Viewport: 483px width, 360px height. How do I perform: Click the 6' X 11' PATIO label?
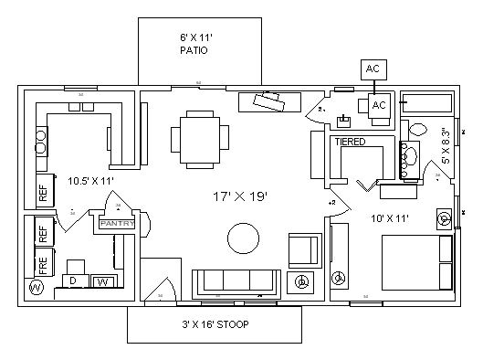point(193,45)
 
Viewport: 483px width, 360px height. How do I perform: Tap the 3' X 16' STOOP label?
point(215,323)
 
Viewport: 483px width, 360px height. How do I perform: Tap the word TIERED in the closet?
point(351,143)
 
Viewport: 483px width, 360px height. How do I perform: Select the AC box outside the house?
point(373,69)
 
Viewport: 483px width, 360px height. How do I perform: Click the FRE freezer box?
point(42,264)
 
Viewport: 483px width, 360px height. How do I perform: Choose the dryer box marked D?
point(74,281)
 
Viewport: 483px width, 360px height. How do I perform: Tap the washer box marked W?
point(103,282)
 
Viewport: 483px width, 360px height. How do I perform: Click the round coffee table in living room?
point(244,239)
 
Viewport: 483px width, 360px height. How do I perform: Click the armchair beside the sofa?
point(304,249)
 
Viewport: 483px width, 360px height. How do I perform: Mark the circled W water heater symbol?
point(37,289)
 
